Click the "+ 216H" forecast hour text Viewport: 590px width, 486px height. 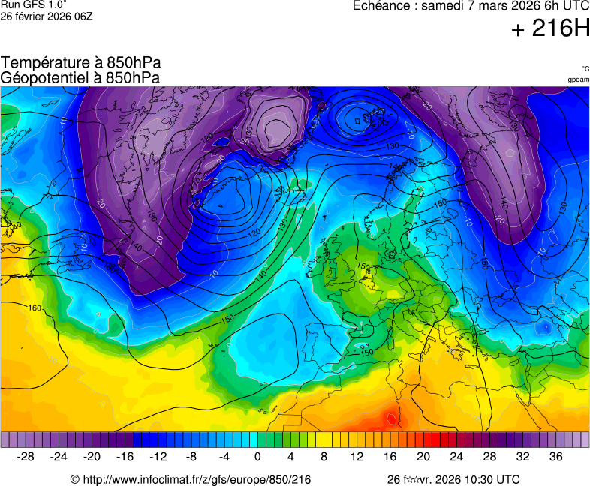(x=550, y=28)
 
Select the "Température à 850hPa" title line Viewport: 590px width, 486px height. (x=81, y=63)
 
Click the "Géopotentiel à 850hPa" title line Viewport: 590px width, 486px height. (x=80, y=77)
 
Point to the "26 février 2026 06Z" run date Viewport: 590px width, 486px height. (x=47, y=16)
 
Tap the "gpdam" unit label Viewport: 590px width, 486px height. (x=578, y=79)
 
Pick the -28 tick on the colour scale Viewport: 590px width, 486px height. (x=26, y=456)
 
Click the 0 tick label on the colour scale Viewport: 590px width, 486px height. (x=257, y=456)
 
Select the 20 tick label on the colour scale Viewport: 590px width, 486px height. (x=423, y=456)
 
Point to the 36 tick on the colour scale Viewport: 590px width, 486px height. (x=555, y=456)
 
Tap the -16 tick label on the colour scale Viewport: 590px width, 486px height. (x=125, y=456)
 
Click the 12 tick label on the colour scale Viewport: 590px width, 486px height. (x=357, y=456)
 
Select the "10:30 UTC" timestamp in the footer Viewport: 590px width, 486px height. (x=489, y=479)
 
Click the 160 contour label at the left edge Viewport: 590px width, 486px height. (x=35, y=307)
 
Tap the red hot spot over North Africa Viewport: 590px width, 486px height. (x=390, y=416)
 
